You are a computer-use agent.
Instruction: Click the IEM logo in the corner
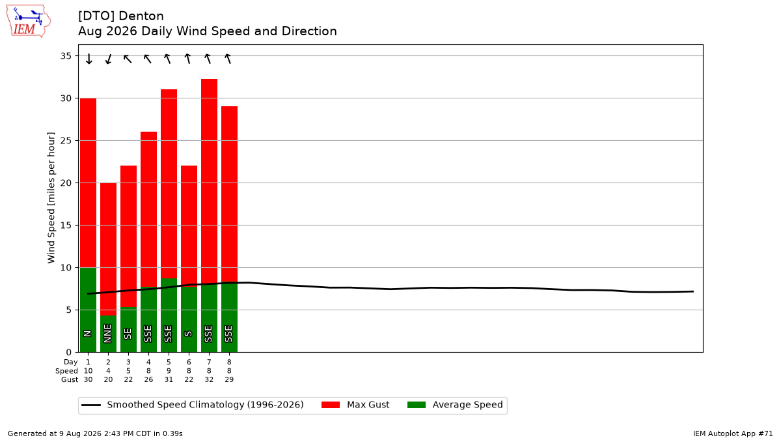point(29,22)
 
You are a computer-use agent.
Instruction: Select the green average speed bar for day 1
point(89,310)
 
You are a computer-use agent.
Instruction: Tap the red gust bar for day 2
point(109,249)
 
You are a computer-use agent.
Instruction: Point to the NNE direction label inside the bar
point(108,334)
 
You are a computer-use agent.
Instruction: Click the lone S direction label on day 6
point(189,334)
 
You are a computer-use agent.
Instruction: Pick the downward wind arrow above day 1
point(89,59)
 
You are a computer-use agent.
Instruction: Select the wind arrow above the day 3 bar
point(128,59)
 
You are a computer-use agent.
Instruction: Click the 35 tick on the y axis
point(66,56)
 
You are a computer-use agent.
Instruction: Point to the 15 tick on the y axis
point(66,226)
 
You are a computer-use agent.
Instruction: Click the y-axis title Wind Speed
point(51,198)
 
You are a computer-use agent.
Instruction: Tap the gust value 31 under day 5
point(169,379)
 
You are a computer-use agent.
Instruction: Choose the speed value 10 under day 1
point(89,371)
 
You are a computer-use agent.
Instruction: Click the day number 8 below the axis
point(229,362)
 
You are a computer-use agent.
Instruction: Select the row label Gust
point(70,379)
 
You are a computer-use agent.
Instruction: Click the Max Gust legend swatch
point(331,405)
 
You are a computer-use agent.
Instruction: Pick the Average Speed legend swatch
point(417,405)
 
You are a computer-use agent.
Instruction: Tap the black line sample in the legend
point(91,405)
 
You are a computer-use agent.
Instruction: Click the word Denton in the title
point(141,16)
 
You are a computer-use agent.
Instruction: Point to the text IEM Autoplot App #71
point(733,433)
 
